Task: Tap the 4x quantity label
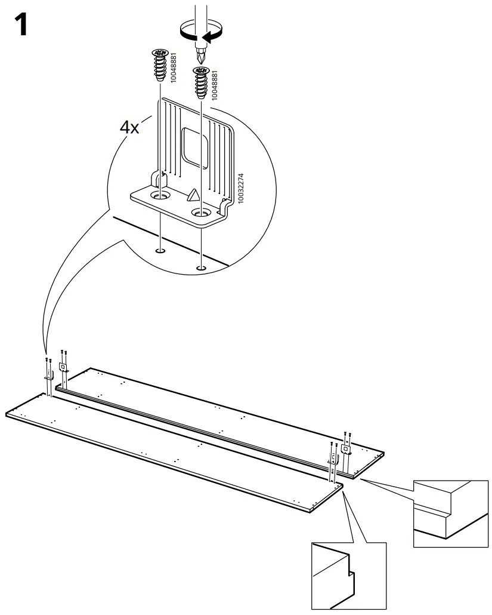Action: (130, 127)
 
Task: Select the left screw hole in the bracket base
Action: (159, 195)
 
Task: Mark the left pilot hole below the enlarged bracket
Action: (159, 251)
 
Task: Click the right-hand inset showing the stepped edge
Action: (450, 513)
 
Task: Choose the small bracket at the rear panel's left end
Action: (63, 367)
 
